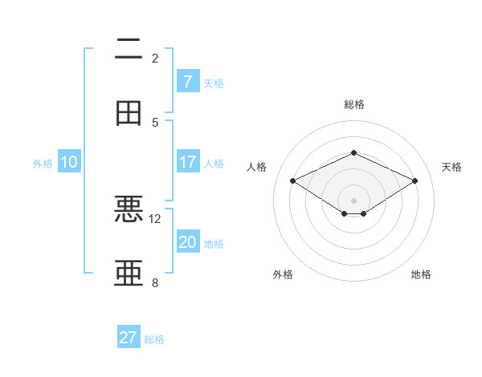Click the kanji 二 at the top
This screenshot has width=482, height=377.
coord(129,50)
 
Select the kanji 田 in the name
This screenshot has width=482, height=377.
coord(129,112)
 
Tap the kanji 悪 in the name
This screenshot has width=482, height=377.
coord(129,210)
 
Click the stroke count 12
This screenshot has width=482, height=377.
coord(155,218)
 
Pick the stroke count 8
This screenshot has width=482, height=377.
coord(155,282)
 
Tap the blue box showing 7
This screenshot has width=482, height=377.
coord(187,81)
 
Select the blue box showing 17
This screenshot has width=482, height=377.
coord(187,162)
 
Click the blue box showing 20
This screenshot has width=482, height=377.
coord(187,242)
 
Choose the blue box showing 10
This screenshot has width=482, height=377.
coord(69,162)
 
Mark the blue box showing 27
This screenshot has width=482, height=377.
coord(129,338)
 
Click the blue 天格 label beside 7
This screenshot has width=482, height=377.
coord(214,83)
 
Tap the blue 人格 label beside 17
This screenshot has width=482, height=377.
coord(214,164)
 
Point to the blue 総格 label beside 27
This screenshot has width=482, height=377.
coord(154,339)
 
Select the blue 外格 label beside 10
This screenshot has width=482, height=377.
coord(43,164)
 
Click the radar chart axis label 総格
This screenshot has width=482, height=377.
coord(353,104)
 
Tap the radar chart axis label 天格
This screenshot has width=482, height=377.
coord(451,167)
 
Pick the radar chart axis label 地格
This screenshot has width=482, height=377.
coord(421,274)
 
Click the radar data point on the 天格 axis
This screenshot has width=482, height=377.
coord(415,181)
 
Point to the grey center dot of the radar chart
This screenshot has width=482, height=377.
coord(353,200)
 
